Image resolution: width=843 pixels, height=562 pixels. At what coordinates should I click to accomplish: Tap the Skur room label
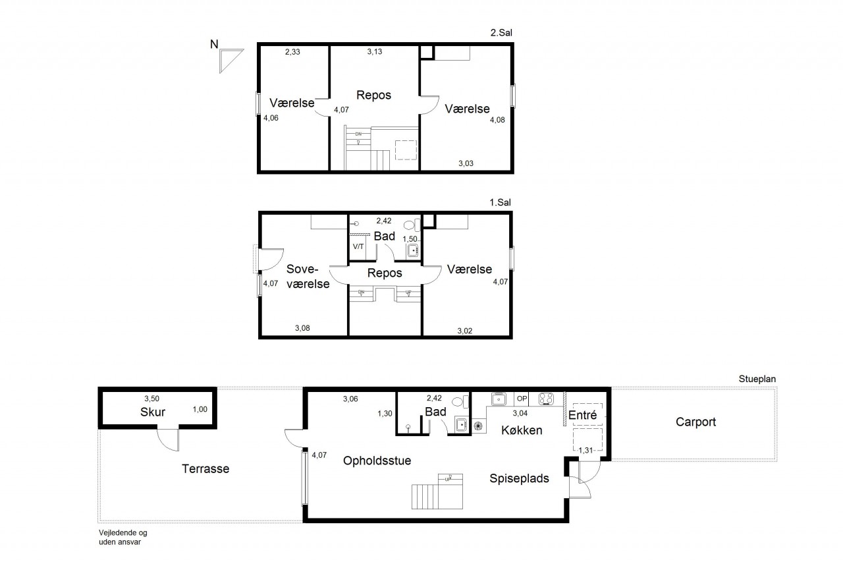(x=153, y=412)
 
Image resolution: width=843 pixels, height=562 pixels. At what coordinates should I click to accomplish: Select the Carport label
(x=695, y=422)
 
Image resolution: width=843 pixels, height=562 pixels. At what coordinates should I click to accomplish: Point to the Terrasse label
(x=205, y=468)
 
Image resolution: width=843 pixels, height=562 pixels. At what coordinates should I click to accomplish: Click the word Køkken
(x=522, y=430)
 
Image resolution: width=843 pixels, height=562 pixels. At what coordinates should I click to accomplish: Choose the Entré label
(x=582, y=415)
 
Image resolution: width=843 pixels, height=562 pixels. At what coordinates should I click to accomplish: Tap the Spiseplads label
(x=519, y=478)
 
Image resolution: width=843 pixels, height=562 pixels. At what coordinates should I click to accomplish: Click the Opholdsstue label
(x=377, y=461)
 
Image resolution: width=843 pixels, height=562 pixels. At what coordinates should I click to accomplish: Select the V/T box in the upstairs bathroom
(x=358, y=247)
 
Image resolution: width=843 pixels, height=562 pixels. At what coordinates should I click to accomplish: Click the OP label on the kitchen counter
(x=522, y=398)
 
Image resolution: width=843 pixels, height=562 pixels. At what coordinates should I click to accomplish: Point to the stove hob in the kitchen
(x=546, y=398)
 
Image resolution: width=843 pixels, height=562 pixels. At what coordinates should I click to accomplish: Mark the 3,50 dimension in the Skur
(x=151, y=398)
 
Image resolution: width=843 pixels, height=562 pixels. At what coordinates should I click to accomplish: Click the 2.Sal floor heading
(x=501, y=33)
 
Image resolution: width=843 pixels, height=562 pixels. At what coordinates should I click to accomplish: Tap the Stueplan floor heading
(x=757, y=379)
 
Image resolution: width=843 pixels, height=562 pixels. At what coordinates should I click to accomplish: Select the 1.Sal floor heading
(x=500, y=202)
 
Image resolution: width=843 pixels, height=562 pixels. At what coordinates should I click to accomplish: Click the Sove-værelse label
(x=308, y=276)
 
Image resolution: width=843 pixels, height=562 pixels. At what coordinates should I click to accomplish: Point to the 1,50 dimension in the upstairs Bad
(x=410, y=239)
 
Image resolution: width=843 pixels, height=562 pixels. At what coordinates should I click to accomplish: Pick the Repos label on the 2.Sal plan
(x=373, y=96)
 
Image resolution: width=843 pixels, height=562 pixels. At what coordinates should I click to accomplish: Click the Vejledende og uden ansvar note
(x=123, y=538)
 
